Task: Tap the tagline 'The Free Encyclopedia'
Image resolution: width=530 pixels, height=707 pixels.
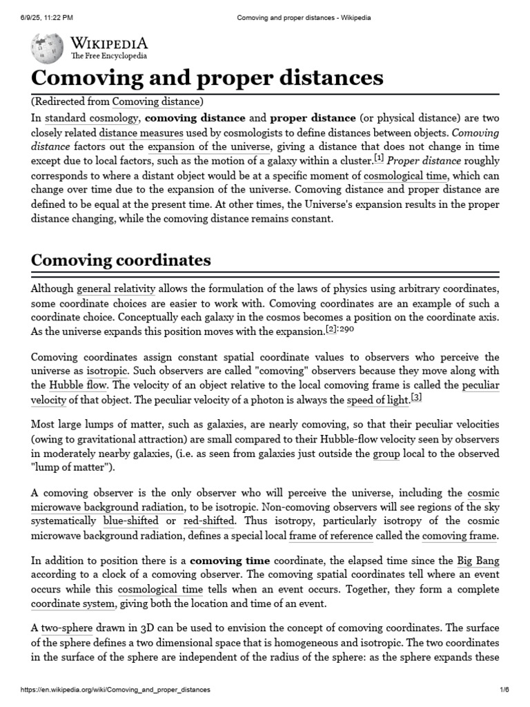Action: click(108, 55)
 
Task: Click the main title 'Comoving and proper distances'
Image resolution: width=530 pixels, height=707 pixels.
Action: click(207, 77)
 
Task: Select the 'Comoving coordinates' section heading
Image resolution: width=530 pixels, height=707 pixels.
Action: click(121, 260)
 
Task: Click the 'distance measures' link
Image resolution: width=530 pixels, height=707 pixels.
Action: click(141, 133)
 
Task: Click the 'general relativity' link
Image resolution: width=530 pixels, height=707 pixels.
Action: click(116, 289)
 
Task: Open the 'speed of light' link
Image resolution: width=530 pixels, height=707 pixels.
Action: click(377, 400)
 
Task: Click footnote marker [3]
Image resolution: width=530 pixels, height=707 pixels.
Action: click(416, 397)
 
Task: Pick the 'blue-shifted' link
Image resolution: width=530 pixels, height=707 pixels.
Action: click(130, 521)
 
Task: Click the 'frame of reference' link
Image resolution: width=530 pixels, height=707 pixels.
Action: click(331, 536)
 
